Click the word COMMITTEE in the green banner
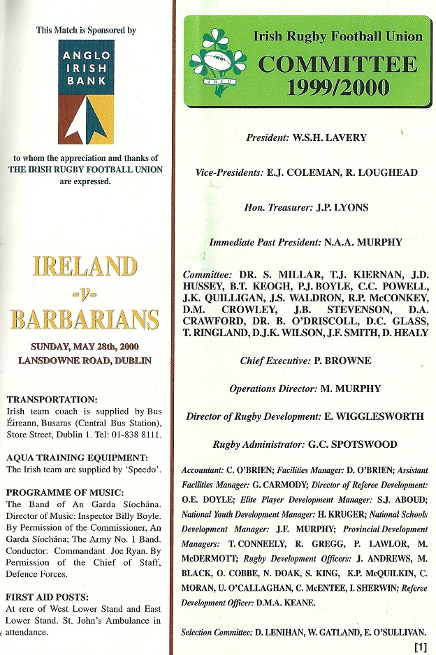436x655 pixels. (337, 65)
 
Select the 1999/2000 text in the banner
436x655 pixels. (337, 88)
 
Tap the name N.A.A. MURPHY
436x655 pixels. (363, 242)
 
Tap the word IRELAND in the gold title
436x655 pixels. (85, 266)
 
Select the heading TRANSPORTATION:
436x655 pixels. (52, 400)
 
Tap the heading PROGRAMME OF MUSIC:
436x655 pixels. (66, 492)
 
